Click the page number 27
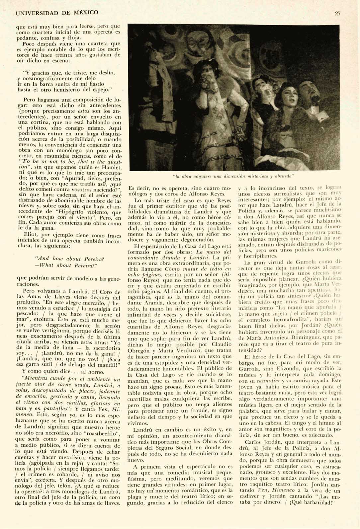(338, 13)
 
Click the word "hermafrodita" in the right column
(296, 321)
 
